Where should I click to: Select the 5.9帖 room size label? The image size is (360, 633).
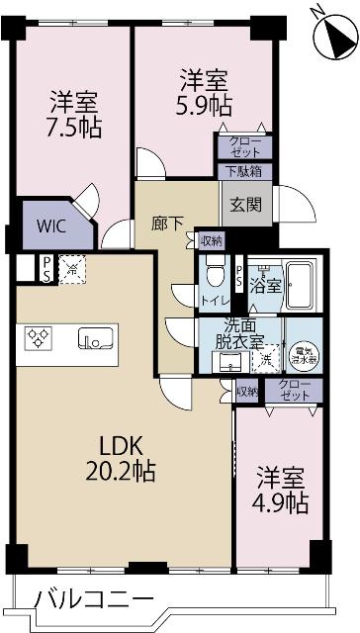pyautogui.click(x=205, y=106)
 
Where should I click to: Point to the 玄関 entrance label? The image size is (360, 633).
pyautogui.click(x=245, y=206)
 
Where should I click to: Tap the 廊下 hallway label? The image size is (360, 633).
pyautogui.click(x=166, y=223)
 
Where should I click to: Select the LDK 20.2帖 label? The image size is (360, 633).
pyautogui.click(x=118, y=458)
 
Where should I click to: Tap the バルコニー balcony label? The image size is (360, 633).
pyautogui.click(x=94, y=600)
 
